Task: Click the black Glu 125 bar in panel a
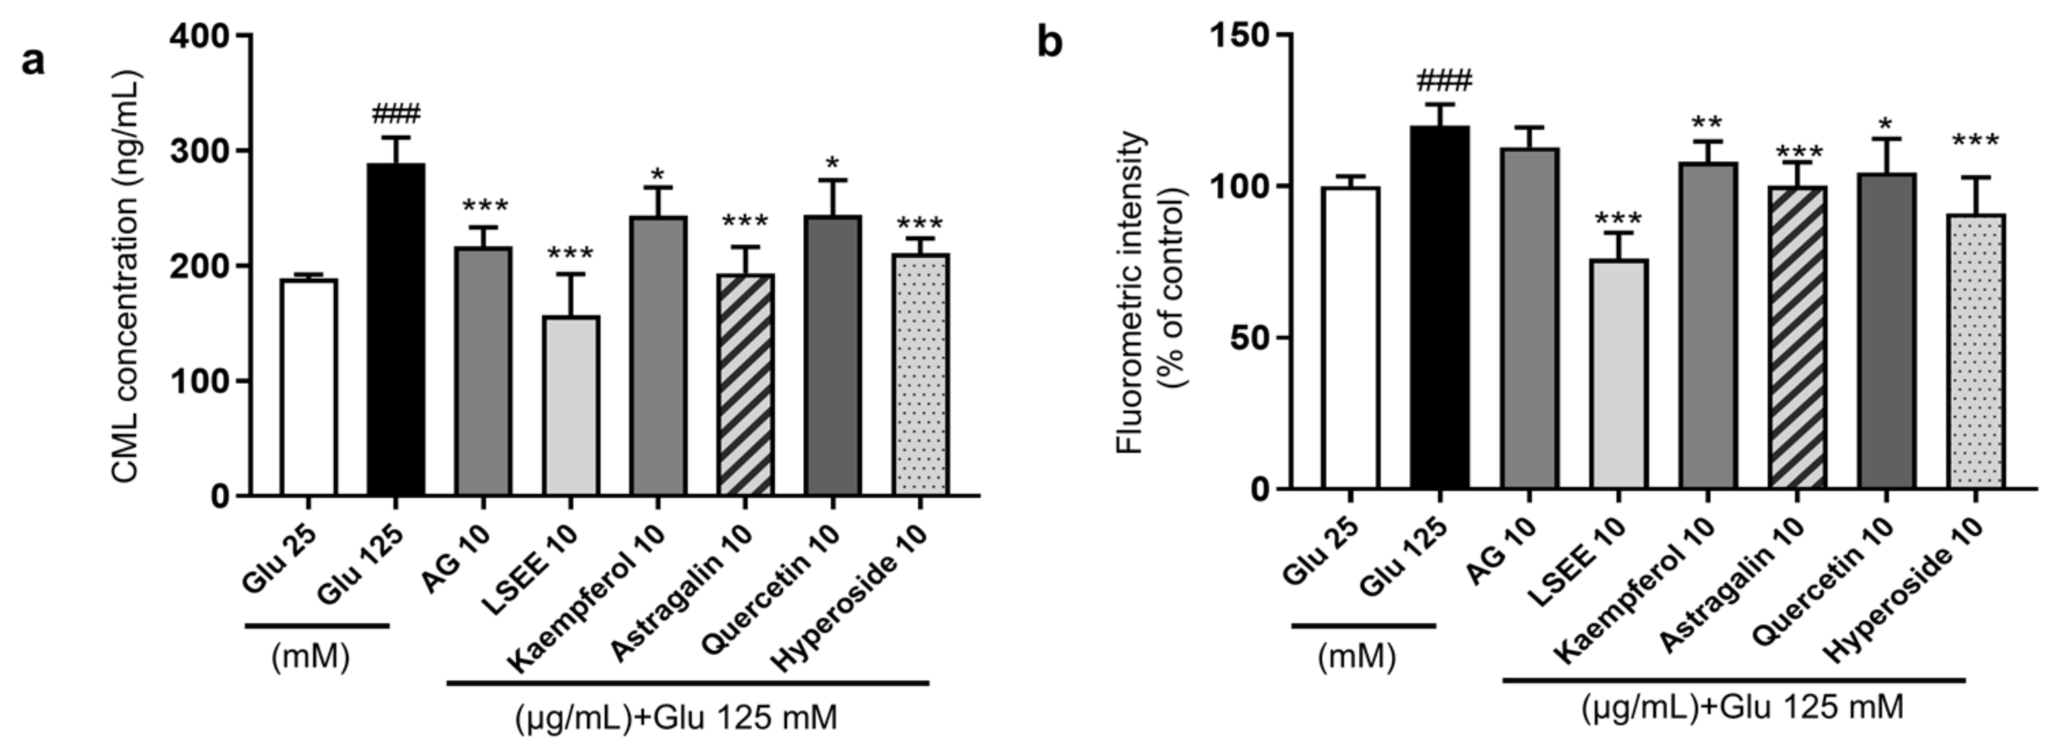click(396, 329)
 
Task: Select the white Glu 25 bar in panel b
click(1350, 337)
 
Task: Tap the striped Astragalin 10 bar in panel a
click(745, 385)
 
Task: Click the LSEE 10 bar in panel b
click(1619, 373)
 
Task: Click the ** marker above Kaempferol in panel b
click(1707, 123)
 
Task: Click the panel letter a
click(33, 60)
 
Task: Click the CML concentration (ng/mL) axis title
click(126, 275)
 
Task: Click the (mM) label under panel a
click(311, 657)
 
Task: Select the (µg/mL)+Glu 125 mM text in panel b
click(1742, 707)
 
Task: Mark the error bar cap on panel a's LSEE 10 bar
click(571, 274)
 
